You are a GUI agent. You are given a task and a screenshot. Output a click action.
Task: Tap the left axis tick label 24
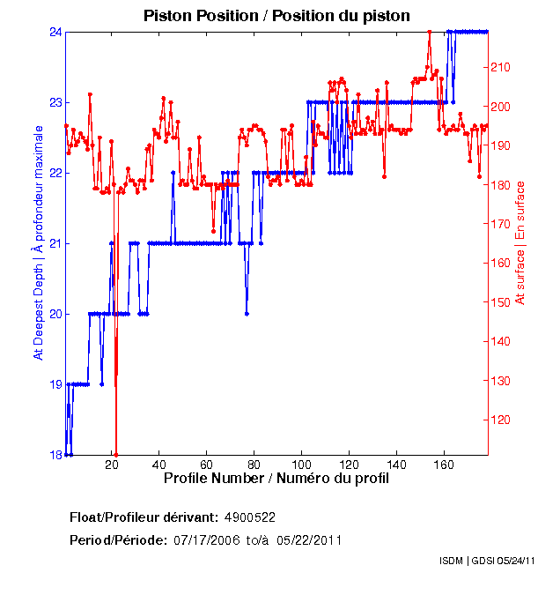[x=54, y=32]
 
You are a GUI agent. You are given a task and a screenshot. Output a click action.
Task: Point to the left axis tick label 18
[x=54, y=455]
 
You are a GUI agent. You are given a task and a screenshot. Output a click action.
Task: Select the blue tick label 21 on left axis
[x=54, y=243]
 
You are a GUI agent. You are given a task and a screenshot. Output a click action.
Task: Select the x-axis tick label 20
[x=113, y=465]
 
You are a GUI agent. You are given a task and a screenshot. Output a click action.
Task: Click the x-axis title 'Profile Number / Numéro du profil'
[x=276, y=479]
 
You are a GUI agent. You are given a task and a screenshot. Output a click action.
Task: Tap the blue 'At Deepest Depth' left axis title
[x=38, y=242]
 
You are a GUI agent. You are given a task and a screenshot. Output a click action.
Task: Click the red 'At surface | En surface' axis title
[x=520, y=242]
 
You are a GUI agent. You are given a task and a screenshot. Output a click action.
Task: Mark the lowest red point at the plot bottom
[x=116, y=454]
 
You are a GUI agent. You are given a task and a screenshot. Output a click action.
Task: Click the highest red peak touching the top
[x=429, y=33]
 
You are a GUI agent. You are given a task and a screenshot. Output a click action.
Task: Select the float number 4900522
[x=251, y=517]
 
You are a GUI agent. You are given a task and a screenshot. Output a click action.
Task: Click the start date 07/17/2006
[x=205, y=539]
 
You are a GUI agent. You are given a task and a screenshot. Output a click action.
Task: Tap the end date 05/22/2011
[x=310, y=539]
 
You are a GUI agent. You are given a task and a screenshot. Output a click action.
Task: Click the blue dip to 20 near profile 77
[x=247, y=313]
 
